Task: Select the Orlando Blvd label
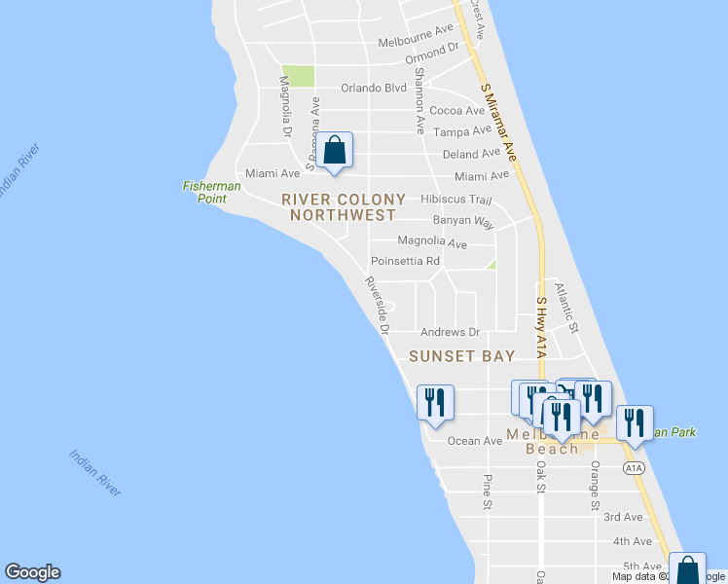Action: tap(373, 88)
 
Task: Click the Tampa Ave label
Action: tap(458, 131)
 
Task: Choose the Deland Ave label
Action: tap(470, 154)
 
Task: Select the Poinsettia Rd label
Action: tap(405, 261)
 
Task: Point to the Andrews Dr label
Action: tap(450, 332)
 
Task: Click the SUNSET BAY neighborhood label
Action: tap(461, 356)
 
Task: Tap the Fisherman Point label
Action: tap(205, 192)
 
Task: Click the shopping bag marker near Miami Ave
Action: tap(334, 151)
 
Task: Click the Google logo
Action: tap(32, 572)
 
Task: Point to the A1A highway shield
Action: tap(634, 468)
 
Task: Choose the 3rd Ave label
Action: tap(623, 517)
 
